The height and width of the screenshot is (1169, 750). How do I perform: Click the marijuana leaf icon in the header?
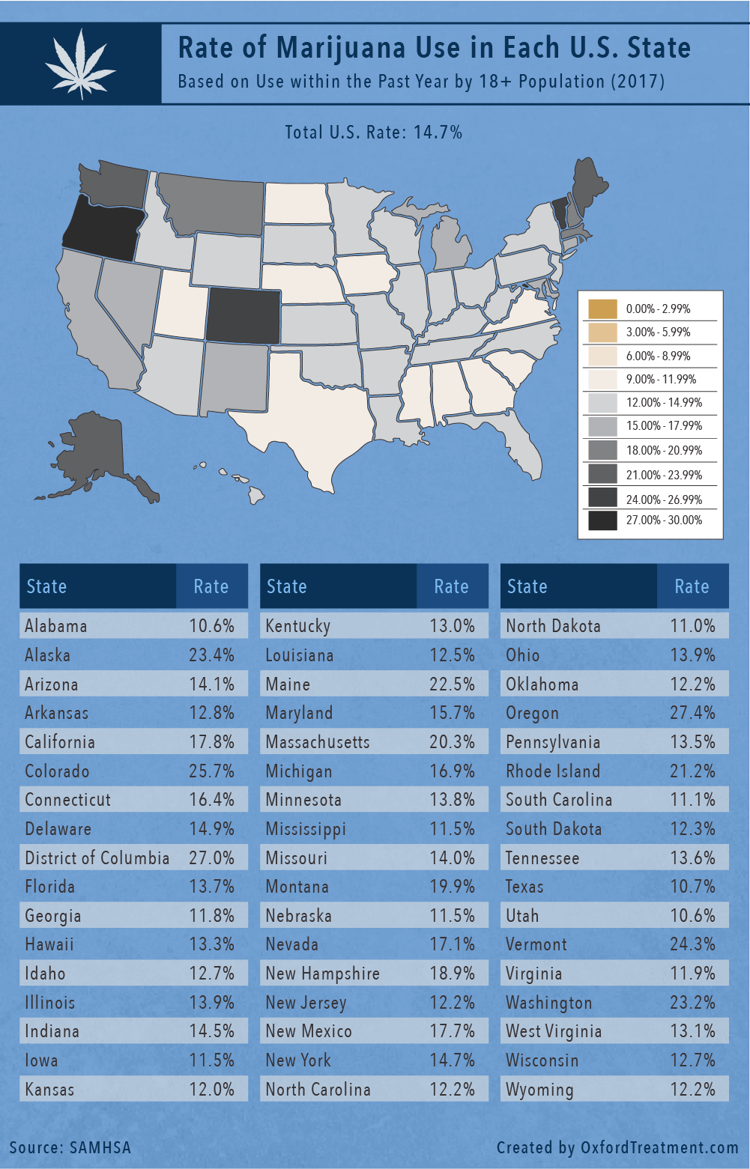click(79, 64)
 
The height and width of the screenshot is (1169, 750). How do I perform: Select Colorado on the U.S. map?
click(243, 315)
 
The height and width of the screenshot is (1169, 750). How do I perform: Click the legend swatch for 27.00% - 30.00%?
click(602, 520)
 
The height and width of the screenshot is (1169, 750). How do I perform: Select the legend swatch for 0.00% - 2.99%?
click(602, 309)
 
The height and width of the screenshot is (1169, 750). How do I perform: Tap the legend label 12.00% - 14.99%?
click(664, 403)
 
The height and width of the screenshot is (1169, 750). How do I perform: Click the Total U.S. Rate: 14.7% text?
click(373, 133)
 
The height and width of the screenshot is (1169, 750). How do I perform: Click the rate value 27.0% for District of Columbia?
click(211, 858)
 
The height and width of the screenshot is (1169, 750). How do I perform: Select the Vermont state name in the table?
click(536, 945)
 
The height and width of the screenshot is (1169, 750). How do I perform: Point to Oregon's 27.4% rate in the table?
click(692, 713)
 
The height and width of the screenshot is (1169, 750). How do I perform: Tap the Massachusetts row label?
click(318, 742)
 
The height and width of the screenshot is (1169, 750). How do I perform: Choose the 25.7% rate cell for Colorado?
click(211, 771)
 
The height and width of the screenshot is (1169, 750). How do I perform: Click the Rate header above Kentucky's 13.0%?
click(451, 586)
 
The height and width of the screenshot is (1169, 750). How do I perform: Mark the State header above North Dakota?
click(527, 586)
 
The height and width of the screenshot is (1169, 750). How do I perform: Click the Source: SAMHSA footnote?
click(70, 1147)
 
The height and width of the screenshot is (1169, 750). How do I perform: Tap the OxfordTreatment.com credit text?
click(617, 1147)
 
